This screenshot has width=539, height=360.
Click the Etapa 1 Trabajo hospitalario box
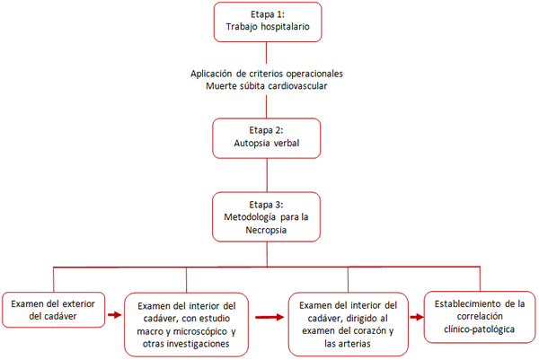tap(268, 22)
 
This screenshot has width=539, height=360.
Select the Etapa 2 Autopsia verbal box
tap(268, 136)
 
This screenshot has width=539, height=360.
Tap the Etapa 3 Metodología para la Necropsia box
tap(268, 216)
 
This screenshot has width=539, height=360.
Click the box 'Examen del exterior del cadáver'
tap(53, 309)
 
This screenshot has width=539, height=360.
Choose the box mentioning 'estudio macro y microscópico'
tap(186, 324)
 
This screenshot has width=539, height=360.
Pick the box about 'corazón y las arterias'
tap(346, 322)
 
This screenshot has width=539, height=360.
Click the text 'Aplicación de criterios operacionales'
tap(268, 73)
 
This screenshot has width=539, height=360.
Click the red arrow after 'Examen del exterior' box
tap(114, 315)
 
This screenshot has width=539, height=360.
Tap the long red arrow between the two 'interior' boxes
tap(268, 316)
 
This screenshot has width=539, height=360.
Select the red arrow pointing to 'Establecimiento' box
tap(415, 316)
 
